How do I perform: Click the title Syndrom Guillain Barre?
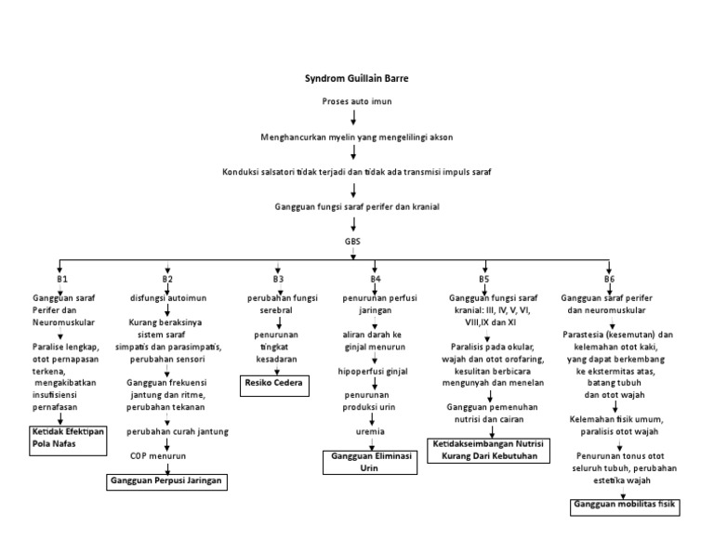point(356,78)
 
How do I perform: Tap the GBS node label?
point(353,240)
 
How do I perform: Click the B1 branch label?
point(62,279)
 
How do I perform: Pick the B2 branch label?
point(167,279)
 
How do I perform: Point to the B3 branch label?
point(278,279)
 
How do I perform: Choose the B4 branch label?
point(376,279)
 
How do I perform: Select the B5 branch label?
point(484,279)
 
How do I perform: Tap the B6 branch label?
point(609,279)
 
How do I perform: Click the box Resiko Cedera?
point(273,382)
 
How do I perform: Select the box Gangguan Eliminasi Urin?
point(364,464)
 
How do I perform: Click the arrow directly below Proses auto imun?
point(353,118)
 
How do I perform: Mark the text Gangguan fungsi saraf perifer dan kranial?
point(357,206)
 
